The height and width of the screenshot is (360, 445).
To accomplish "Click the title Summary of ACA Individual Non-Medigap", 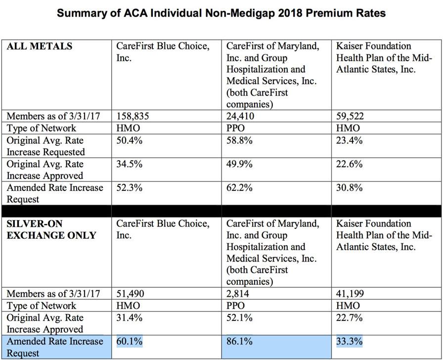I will point(221,13).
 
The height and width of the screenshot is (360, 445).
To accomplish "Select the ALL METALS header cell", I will point(39,46).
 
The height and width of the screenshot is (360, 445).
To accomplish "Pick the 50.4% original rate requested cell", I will point(129,140).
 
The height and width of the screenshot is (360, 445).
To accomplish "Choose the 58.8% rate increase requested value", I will point(240,140).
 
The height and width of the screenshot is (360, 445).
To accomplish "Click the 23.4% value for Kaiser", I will point(350,140).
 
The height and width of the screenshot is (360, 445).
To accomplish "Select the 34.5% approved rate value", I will point(129,164).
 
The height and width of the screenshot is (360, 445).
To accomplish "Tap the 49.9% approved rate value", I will point(240,164).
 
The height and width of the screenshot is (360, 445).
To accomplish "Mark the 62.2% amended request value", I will point(240,188).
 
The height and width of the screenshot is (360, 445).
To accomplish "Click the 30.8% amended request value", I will point(350,188).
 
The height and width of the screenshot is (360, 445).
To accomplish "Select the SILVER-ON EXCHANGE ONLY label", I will point(51,229).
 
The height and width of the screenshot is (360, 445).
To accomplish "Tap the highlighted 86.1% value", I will point(240,341).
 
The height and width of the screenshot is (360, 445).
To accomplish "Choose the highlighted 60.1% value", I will point(129,341).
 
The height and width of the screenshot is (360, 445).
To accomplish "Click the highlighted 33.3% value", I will point(350,341).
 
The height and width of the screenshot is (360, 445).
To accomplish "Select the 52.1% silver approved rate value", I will point(240,317).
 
